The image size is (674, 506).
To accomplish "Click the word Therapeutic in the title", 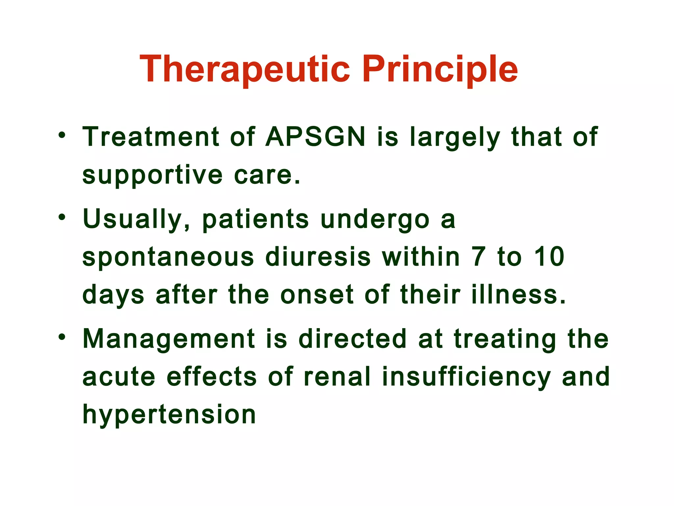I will tap(245, 70).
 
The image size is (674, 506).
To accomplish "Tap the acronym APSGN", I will tap(315, 137).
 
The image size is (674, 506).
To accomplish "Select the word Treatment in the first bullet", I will tap(151, 137).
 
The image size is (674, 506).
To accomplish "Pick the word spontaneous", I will tap(168, 257).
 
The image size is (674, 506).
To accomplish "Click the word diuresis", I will tap(318, 257).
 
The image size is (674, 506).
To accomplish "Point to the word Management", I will tap(169, 339).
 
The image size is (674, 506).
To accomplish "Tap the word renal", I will tap(337, 377).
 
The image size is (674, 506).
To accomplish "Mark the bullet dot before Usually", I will tap(62, 217).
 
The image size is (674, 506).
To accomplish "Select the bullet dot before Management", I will tap(62, 337).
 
